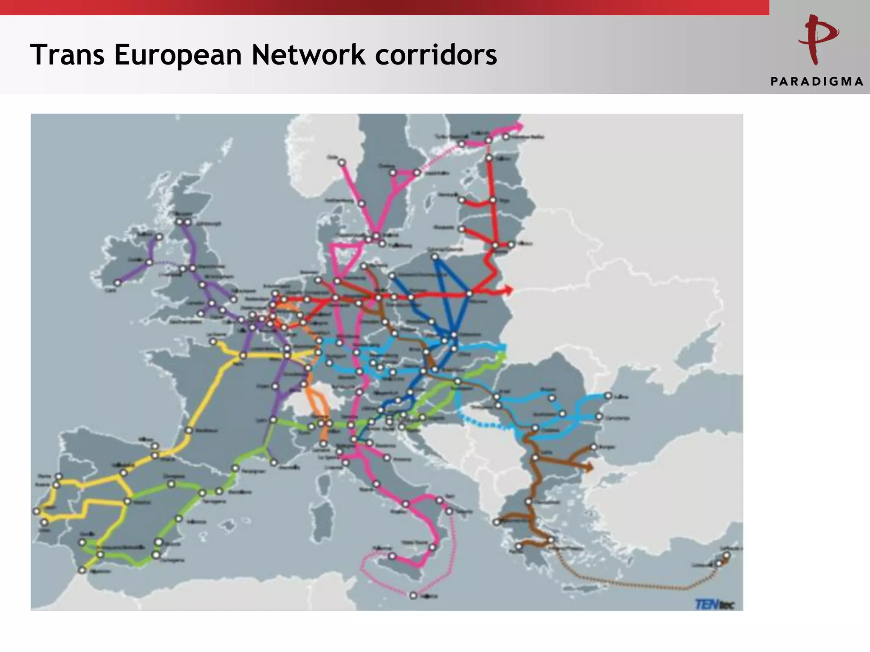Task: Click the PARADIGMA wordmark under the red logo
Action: pos(816,81)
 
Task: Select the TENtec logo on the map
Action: pos(714,604)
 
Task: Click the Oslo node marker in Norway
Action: pos(342,163)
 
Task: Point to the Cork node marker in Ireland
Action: pos(118,283)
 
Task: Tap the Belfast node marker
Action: pos(159,237)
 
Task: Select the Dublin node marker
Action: pos(150,262)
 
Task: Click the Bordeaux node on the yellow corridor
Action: pos(189,430)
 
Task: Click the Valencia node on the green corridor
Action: pos(179,519)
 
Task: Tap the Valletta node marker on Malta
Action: pos(413,596)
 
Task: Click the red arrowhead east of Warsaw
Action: pos(508,290)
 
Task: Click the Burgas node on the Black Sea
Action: pos(593,447)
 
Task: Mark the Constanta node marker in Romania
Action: pos(599,417)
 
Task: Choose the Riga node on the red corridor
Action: pos(493,200)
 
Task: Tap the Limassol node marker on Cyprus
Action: pos(718,564)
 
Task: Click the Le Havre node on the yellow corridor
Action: pos(213,342)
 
